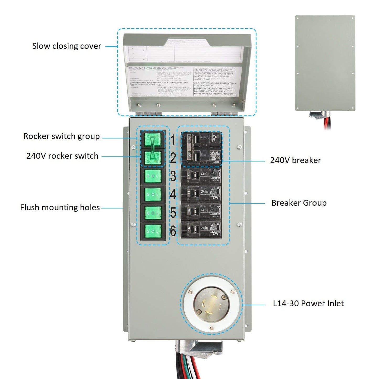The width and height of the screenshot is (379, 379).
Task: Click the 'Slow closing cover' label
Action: click(67, 46)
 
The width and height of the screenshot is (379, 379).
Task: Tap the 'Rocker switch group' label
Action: click(61, 136)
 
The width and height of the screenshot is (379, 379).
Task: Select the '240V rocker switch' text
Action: click(62, 156)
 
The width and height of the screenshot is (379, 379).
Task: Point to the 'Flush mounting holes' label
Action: click(60, 207)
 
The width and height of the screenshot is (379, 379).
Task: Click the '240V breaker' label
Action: click(295, 160)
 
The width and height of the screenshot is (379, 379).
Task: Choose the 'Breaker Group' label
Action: click(299, 203)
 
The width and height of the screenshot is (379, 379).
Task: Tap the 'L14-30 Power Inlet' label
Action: click(308, 303)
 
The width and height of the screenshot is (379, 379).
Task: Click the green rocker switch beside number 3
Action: click(153, 176)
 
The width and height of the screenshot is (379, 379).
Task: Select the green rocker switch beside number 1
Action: click(153, 140)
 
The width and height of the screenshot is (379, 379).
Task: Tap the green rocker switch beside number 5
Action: click(153, 213)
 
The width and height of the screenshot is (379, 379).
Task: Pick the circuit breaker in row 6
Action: click(201, 230)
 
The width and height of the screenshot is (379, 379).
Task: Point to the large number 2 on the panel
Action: click(173, 158)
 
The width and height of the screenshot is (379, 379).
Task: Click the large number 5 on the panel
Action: click(173, 213)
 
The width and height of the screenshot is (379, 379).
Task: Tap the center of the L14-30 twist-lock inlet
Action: click(211, 305)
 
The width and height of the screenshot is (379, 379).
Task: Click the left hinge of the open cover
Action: click(149, 113)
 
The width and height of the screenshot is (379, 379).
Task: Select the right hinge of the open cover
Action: click(222, 113)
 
